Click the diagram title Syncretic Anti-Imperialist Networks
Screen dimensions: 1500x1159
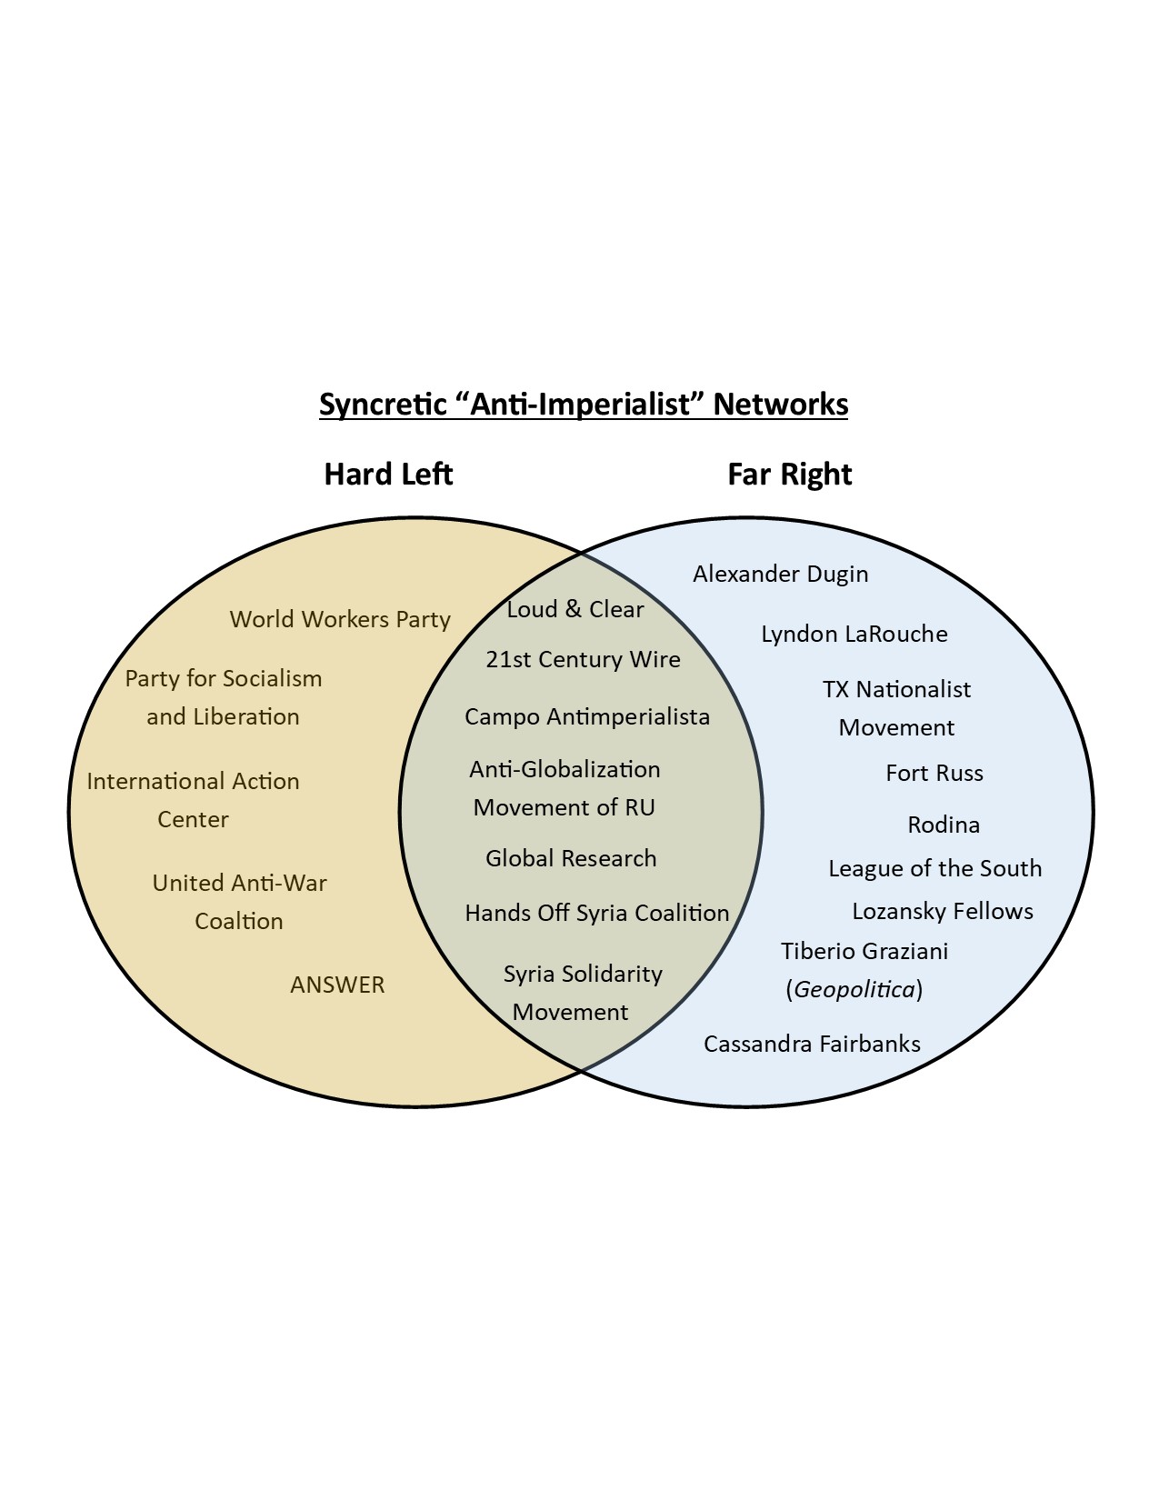583,404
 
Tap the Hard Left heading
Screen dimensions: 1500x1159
388,474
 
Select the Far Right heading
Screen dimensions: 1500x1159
789,474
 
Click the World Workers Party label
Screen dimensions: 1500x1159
340,619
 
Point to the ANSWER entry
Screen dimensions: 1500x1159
337,985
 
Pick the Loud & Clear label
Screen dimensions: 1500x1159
575,609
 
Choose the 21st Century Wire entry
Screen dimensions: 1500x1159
583,659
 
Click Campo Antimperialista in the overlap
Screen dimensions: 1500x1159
586,716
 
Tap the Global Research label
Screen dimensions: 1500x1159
571,858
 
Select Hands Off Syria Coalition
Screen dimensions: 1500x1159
596,913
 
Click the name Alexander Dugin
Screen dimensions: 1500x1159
780,574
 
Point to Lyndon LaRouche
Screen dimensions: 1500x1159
854,634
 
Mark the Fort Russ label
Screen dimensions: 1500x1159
934,773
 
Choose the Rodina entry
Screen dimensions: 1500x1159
944,825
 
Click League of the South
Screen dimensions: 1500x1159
934,868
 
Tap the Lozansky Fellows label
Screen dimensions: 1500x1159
943,911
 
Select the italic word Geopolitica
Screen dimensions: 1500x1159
854,989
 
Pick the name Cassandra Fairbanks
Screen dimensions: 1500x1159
812,1044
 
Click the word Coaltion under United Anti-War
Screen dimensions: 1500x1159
239,921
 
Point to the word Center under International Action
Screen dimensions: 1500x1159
193,819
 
